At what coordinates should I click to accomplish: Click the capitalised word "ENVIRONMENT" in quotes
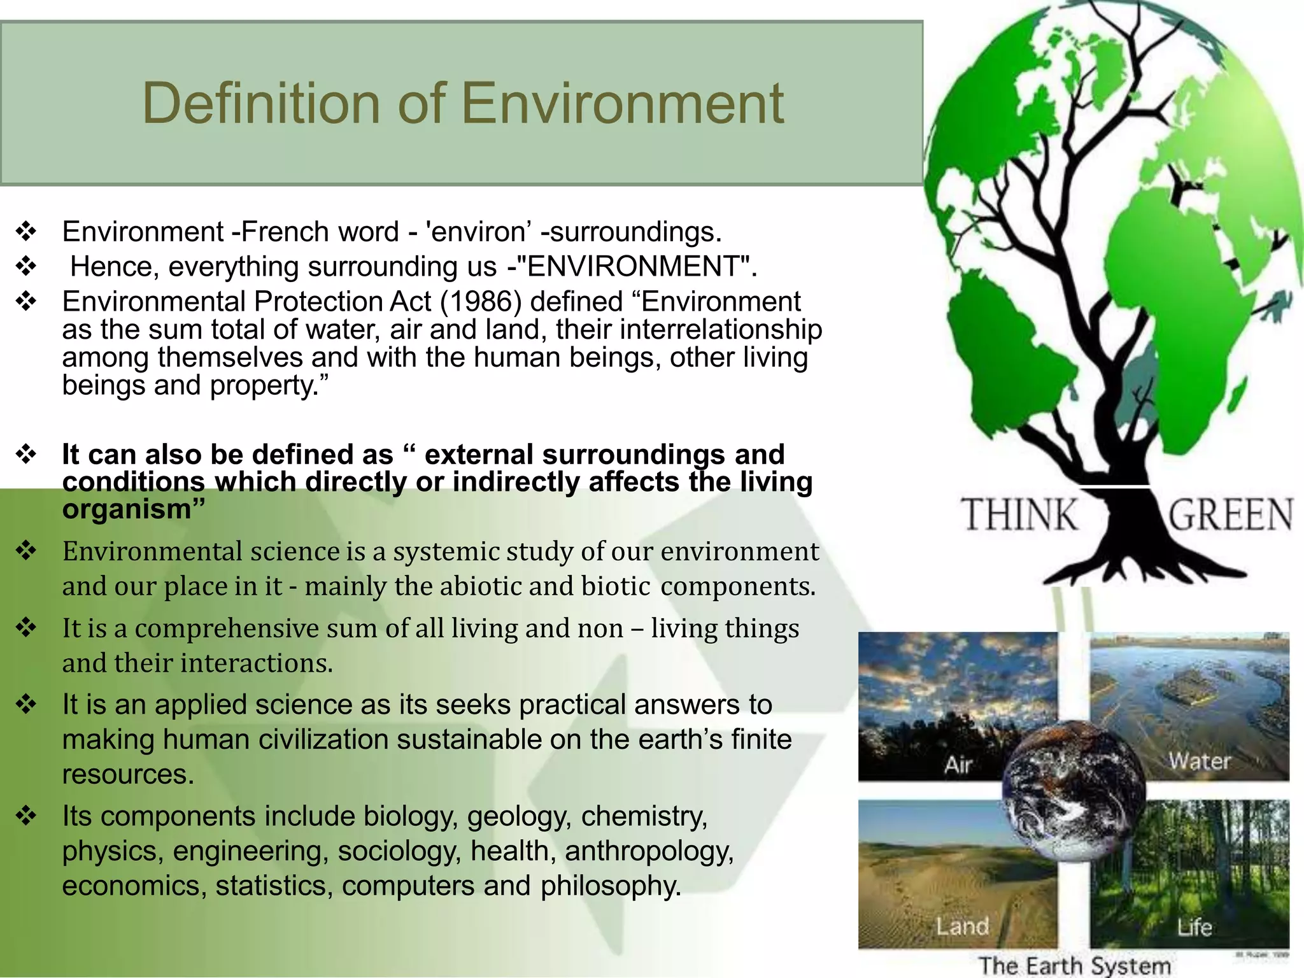pos(636,266)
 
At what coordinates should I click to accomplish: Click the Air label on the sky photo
pos(958,765)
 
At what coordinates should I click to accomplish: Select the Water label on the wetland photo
pos(1200,761)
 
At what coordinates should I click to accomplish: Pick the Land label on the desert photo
pos(962,926)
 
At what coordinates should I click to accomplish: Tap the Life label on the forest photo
pos(1194,927)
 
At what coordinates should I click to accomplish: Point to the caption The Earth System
pos(1074,965)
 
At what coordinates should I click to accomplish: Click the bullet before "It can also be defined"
pos(26,455)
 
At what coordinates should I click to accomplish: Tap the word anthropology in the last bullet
pos(649,851)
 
